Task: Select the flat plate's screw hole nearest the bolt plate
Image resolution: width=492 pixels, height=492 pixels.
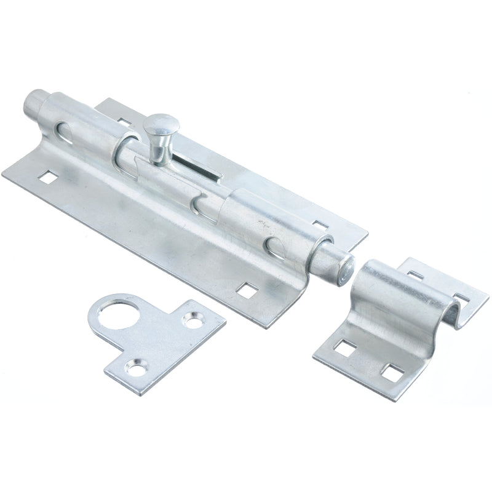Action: pyautogui.click(x=195, y=319)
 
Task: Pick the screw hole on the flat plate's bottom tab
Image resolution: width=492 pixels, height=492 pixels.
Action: pyautogui.click(x=132, y=368)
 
